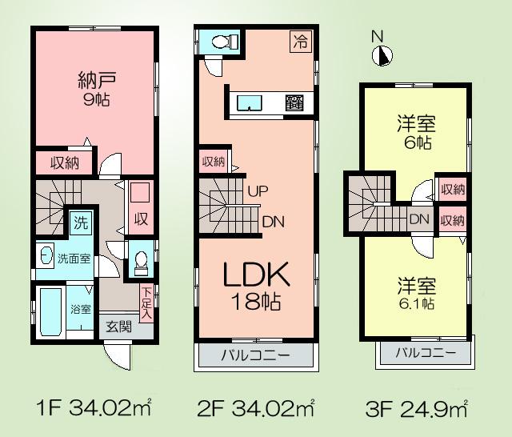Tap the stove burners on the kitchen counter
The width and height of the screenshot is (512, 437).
pyautogui.click(x=294, y=102)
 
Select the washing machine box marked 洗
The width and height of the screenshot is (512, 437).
pyautogui.click(x=82, y=221)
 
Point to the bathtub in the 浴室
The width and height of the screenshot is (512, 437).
pyautogui.click(x=48, y=315)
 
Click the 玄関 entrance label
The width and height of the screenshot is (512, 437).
pyautogui.click(x=119, y=326)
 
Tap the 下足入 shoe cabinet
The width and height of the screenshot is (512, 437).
pyautogui.click(x=146, y=303)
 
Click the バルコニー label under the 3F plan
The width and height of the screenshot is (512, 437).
pyautogui.click(x=425, y=353)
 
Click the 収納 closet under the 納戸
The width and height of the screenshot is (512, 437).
pyautogui.click(x=65, y=162)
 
